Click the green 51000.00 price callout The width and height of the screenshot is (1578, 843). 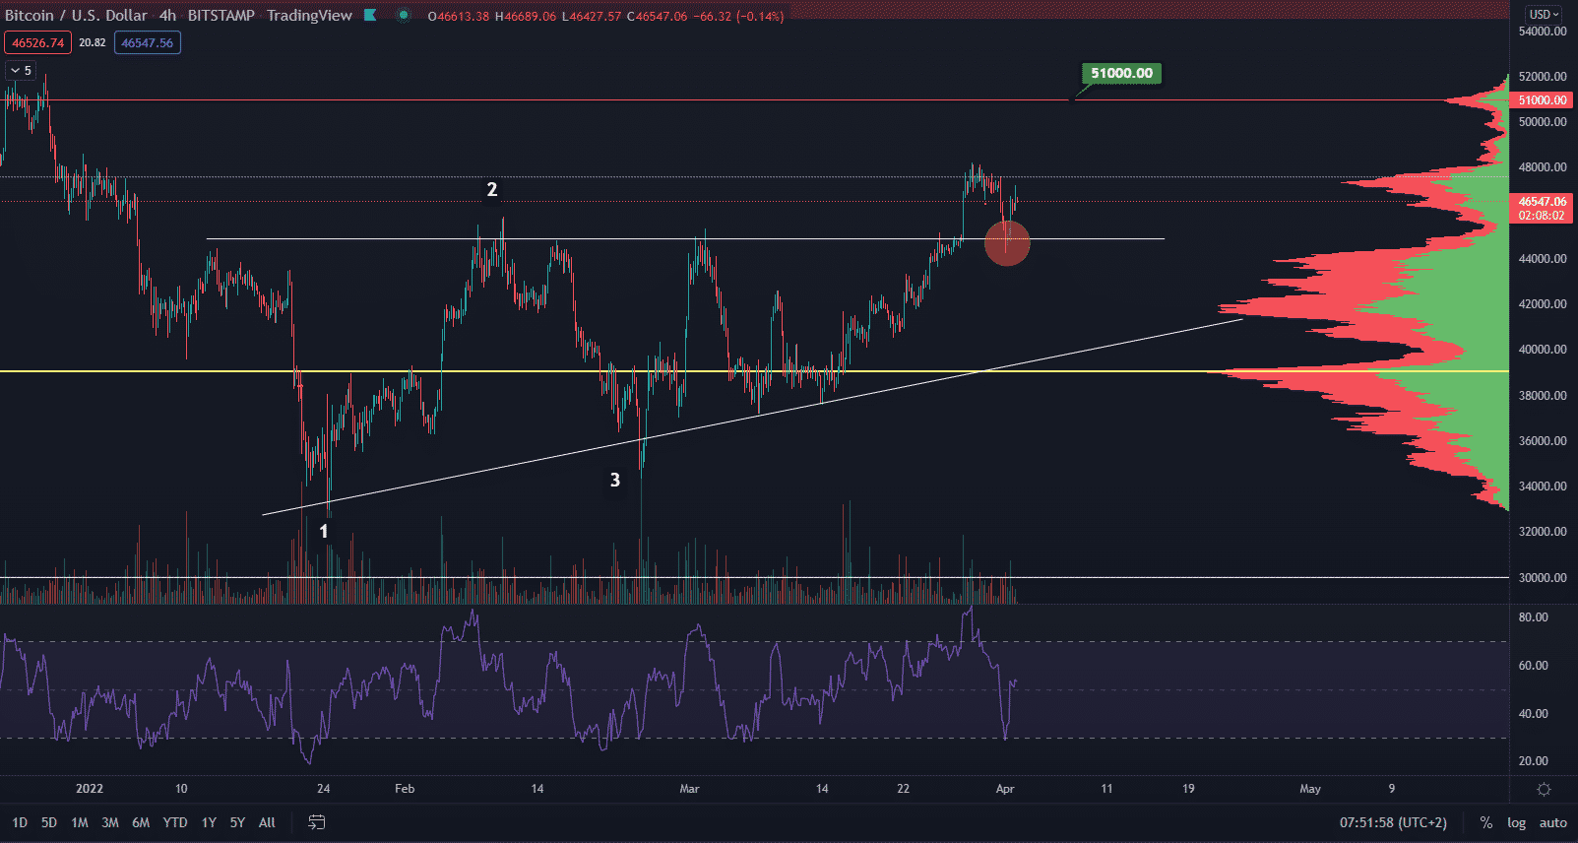point(1121,73)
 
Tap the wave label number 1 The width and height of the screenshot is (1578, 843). point(323,531)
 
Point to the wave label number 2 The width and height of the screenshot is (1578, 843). point(492,189)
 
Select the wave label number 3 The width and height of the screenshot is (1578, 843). point(615,480)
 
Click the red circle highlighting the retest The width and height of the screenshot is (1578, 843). point(1007,242)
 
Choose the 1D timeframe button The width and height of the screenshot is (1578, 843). point(20,822)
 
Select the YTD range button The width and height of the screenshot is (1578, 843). point(175,822)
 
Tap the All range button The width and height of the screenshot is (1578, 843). point(267,822)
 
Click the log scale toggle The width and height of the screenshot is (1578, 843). point(1516,822)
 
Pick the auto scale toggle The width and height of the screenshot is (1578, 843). point(1552,822)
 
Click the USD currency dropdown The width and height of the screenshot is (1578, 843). point(1543,14)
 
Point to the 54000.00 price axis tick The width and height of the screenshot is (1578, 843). point(1543,32)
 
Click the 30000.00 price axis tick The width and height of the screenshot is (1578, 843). point(1543,578)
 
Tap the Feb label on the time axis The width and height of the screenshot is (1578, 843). point(405,789)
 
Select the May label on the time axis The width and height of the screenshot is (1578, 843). point(1309,789)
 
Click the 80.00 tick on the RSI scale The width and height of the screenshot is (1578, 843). point(1534,617)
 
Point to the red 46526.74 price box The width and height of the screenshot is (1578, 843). point(37,42)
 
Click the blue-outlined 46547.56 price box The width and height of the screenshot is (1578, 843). point(148,42)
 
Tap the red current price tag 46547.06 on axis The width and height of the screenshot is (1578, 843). point(1543,208)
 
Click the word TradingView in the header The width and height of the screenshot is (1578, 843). point(309,16)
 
